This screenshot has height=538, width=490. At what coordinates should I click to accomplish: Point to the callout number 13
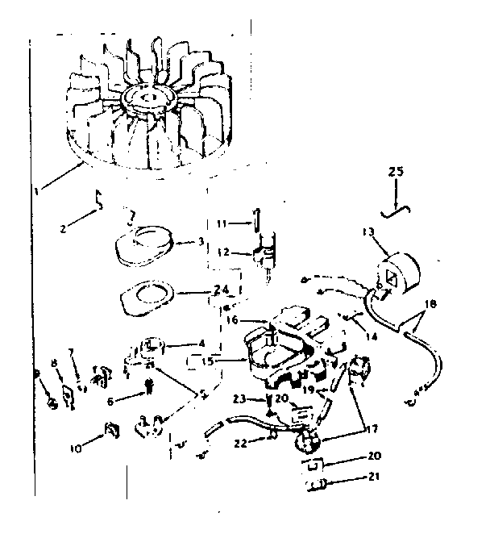369,233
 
